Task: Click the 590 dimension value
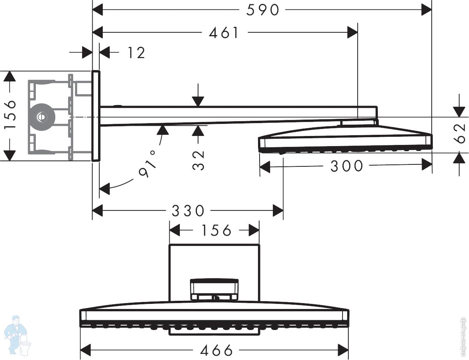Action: coord(263,10)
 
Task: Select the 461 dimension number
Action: coord(224,33)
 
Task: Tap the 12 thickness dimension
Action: coord(136,53)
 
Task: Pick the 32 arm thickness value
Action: coord(198,160)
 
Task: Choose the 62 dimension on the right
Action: coord(461,133)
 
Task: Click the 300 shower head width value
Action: coord(346,166)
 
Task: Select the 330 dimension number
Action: coord(188,211)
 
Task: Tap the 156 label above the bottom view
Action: coord(216,230)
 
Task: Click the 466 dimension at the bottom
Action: coord(216,350)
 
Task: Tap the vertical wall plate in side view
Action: coord(96,116)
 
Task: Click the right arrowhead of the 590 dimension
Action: coord(427,10)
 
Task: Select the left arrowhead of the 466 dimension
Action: coord(86,350)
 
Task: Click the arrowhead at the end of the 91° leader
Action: coord(104,190)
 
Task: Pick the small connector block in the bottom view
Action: coord(214,289)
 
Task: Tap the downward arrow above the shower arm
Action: coord(198,101)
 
